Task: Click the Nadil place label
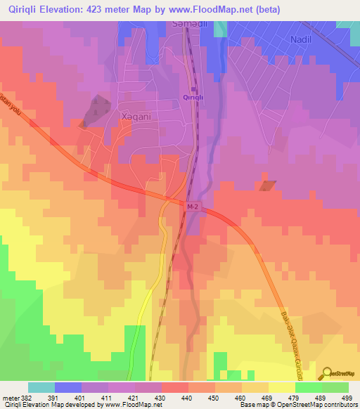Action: point(302,39)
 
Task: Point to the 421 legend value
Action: point(135,397)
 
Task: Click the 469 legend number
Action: point(269,397)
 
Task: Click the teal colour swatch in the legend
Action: point(41,387)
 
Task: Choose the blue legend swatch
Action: point(67,387)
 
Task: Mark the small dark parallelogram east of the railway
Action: point(268,186)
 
